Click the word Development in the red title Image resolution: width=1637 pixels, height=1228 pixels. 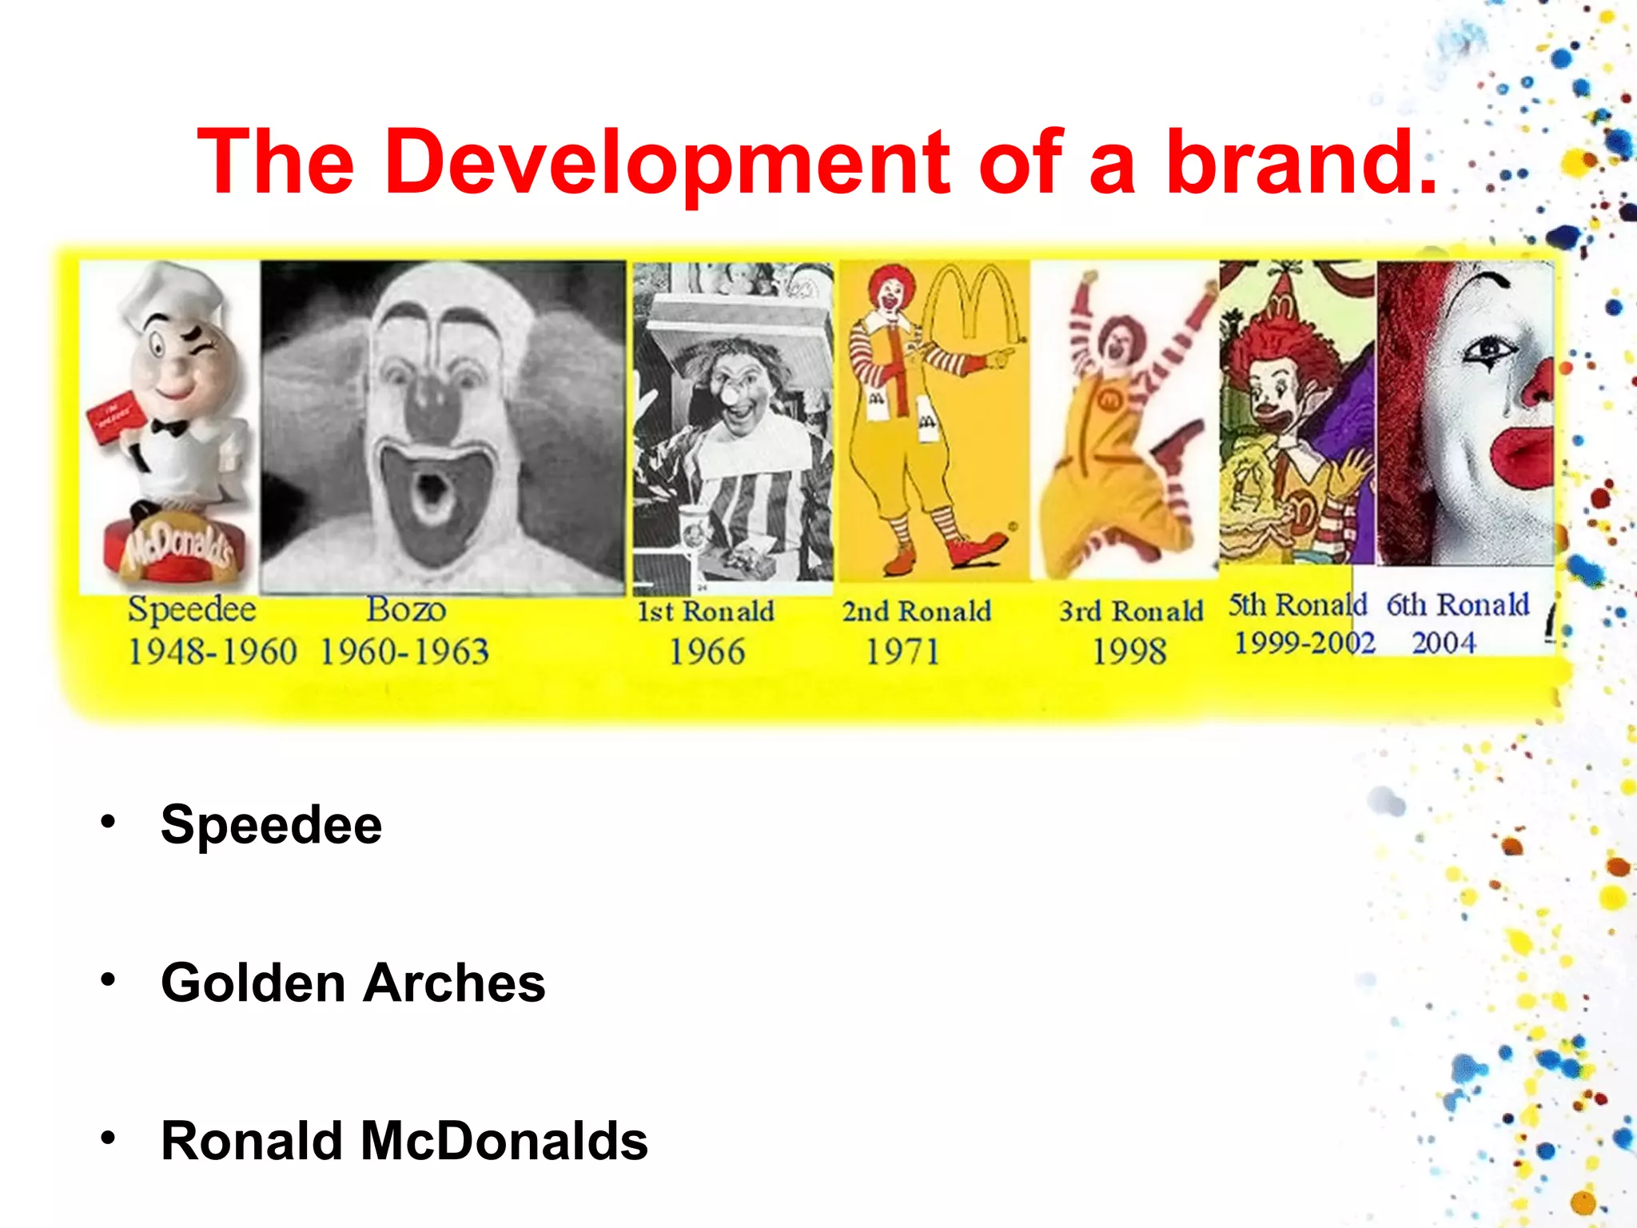(x=667, y=162)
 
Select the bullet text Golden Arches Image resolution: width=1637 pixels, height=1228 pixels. (x=352, y=983)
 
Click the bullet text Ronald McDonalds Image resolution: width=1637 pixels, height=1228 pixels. (x=404, y=1140)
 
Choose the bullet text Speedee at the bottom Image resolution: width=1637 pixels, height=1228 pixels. (x=271, y=824)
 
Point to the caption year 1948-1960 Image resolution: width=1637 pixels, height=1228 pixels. (x=213, y=652)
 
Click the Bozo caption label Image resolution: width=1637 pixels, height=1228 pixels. (x=406, y=609)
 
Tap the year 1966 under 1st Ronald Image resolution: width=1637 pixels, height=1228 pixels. (x=707, y=652)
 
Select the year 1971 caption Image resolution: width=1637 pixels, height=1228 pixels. (x=903, y=652)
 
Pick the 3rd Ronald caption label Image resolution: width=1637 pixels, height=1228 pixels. (x=1131, y=611)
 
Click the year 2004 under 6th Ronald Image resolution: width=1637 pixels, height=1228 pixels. (x=1444, y=643)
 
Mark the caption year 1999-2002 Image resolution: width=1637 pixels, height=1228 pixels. (x=1304, y=643)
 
